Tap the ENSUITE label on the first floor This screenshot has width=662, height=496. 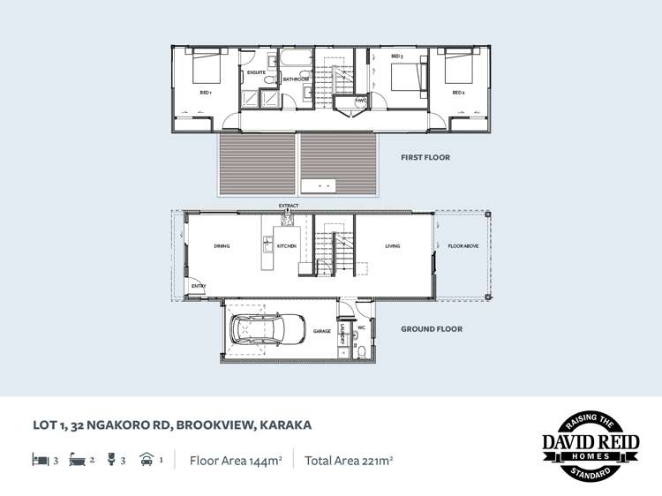[256, 72]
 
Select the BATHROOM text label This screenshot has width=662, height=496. [296, 79]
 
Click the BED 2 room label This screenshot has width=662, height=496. [458, 92]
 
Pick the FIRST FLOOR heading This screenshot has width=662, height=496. [425, 158]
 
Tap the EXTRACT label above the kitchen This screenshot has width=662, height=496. [289, 206]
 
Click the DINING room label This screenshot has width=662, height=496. [222, 246]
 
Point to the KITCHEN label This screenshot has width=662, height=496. [287, 246]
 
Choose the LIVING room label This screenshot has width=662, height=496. [393, 246]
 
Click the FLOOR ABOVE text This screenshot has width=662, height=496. [463, 246]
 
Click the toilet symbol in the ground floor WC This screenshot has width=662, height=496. [363, 350]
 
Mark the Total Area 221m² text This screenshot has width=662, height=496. [349, 460]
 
